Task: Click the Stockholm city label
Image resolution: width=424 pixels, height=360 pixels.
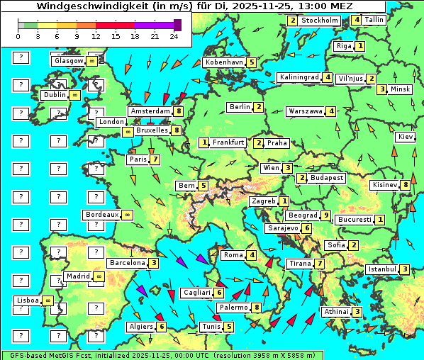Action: click(x=320, y=21)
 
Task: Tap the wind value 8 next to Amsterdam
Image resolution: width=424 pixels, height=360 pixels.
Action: click(x=179, y=111)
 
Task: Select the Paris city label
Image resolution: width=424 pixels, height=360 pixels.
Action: click(x=138, y=159)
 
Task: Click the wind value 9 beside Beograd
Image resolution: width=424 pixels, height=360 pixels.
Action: click(x=325, y=215)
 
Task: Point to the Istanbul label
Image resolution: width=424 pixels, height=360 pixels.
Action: click(x=382, y=269)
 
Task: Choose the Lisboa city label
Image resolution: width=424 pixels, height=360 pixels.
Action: click(x=28, y=300)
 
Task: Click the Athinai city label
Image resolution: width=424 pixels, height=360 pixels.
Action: click(x=336, y=312)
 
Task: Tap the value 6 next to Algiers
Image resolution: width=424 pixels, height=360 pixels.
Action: click(x=162, y=327)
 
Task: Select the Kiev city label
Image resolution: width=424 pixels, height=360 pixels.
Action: click(x=406, y=137)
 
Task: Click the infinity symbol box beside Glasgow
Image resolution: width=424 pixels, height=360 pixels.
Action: click(x=92, y=62)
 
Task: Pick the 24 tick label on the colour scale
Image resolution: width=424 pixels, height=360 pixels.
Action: click(x=174, y=35)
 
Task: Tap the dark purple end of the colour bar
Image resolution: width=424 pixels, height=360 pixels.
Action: click(x=177, y=25)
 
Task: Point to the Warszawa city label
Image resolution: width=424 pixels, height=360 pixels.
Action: click(x=305, y=111)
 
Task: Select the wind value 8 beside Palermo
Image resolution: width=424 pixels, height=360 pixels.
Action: click(x=257, y=308)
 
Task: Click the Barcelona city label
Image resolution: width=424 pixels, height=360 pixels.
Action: click(x=127, y=263)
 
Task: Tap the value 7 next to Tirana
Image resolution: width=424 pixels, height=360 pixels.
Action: click(x=320, y=264)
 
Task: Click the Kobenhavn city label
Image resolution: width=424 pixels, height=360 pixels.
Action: click(x=224, y=62)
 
